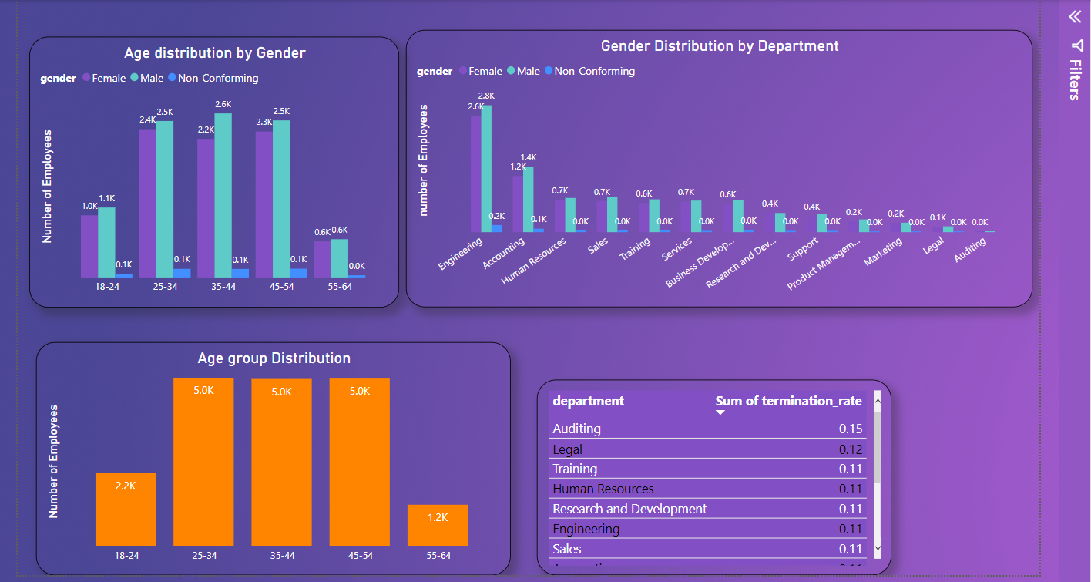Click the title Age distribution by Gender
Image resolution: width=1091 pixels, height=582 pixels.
[x=214, y=53]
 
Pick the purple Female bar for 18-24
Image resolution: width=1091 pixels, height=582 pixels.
[x=89, y=246]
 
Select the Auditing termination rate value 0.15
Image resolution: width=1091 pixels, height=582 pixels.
[x=851, y=429]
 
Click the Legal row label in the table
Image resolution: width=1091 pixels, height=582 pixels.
[x=567, y=449]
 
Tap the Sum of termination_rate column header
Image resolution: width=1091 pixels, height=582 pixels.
[x=788, y=401]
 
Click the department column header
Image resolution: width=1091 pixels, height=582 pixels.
[x=589, y=401]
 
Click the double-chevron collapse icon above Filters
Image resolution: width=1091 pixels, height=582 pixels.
[x=1074, y=17]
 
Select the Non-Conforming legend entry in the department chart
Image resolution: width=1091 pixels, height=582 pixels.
[x=594, y=71]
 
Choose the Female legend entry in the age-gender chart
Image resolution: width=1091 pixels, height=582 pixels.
[x=108, y=78]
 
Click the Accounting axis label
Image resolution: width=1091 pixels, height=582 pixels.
[x=504, y=253]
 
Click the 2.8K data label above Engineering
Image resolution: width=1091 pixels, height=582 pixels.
[x=486, y=96]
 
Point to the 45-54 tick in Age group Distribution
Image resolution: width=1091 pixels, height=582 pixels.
[x=359, y=556]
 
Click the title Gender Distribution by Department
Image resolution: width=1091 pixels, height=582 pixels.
[x=719, y=46]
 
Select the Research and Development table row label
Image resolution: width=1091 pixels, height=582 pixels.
[x=629, y=509]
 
